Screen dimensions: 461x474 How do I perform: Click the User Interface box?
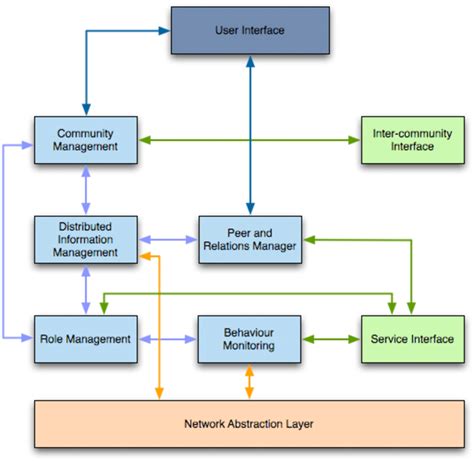pyautogui.click(x=250, y=30)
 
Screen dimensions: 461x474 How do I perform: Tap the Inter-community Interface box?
pyautogui.click(x=410, y=140)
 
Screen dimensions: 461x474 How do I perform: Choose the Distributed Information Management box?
pyautogui.click(x=85, y=239)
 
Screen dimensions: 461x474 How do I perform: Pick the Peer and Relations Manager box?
pyautogui.click(x=249, y=239)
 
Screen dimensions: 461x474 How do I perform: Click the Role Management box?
pyautogui.click(x=85, y=339)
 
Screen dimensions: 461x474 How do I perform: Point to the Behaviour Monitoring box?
pyautogui.click(x=249, y=339)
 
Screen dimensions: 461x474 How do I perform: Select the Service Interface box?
pyautogui.click(x=411, y=339)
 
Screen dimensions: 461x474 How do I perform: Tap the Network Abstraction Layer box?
pyautogui.click(x=249, y=423)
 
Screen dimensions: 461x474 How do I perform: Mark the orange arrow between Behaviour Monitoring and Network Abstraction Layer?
pyautogui.click(x=249, y=383)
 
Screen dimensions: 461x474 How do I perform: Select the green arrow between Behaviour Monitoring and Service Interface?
pyautogui.click(x=330, y=339)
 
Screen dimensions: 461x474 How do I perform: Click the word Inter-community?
pyautogui.click(x=410, y=133)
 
